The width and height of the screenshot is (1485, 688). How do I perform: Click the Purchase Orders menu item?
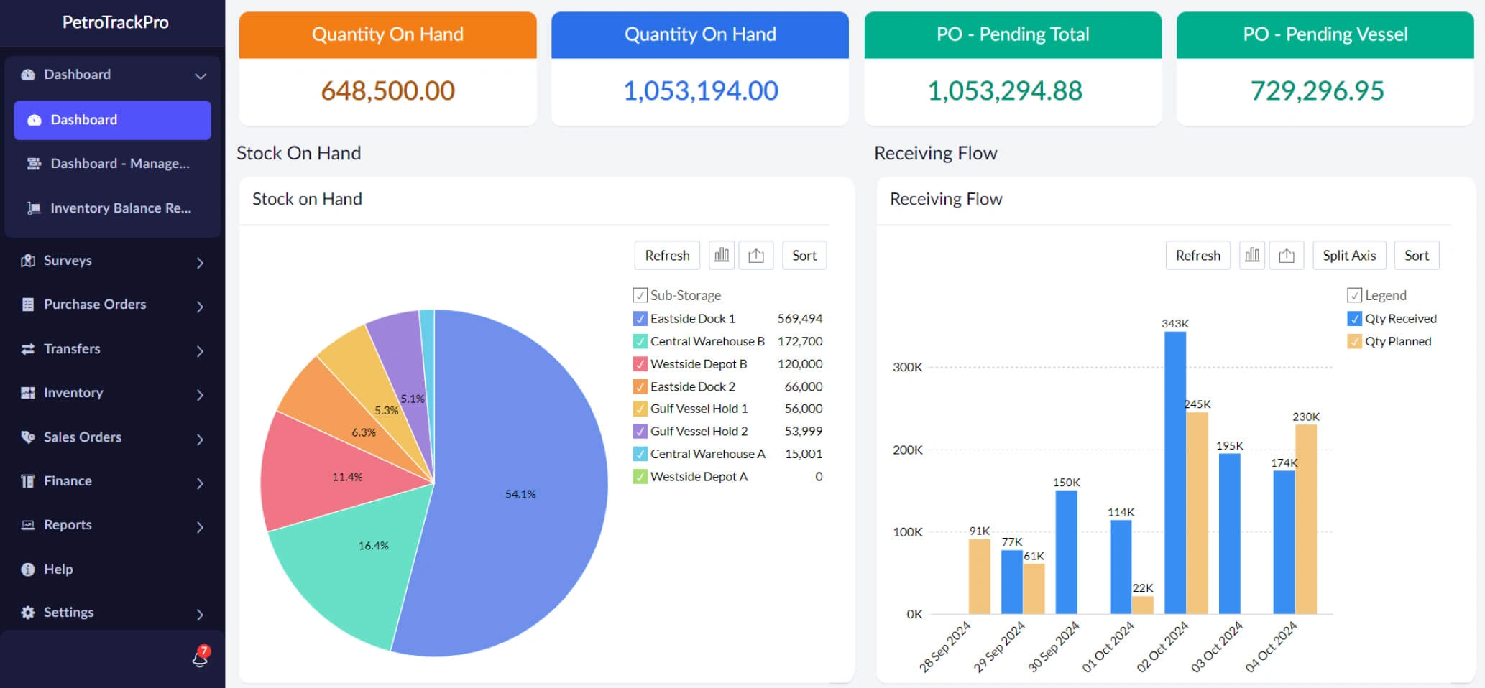click(95, 305)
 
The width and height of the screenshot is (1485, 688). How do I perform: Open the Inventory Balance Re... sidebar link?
click(120, 208)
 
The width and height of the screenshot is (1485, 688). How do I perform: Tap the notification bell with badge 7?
click(200, 657)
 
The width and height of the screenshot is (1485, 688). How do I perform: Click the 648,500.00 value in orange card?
click(387, 90)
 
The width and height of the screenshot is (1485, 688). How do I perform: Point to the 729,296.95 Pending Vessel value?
click(1317, 90)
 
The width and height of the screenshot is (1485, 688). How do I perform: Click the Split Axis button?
click(1348, 256)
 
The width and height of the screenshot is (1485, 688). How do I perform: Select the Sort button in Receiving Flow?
click(1416, 256)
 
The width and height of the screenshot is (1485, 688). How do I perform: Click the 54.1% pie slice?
click(520, 494)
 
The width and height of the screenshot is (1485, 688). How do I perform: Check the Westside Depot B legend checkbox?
click(640, 364)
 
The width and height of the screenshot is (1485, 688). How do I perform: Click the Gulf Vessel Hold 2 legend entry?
click(699, 432)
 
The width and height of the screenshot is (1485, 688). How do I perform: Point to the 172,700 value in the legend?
click(799, 341)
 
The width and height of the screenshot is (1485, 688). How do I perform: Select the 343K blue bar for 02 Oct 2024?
click(1174, 474)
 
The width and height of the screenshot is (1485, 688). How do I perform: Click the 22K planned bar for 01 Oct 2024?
click(1142, 605)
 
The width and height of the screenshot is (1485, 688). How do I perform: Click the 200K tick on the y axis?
click(907, 450)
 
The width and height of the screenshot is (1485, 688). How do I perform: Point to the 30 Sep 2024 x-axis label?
click(1054, 646)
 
